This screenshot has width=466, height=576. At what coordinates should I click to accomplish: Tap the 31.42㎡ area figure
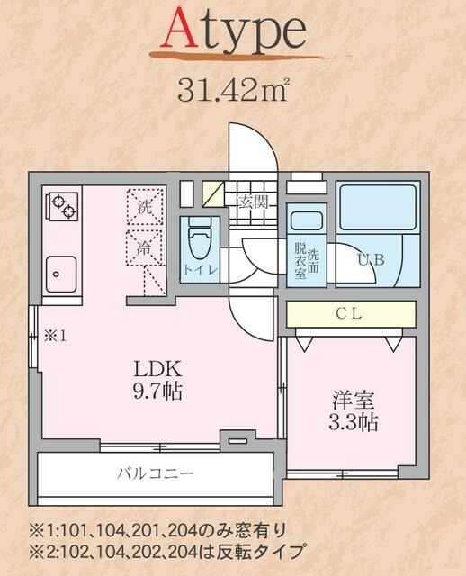tap(231, 91)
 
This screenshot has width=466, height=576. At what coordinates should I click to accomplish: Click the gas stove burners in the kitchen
tap(62, 209)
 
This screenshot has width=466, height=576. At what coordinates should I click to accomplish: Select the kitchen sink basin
tap(61, 269)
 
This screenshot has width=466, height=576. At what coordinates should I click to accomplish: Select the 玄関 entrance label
tap(252, 202)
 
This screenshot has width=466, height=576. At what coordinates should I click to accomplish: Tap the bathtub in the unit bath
tap(377, 211)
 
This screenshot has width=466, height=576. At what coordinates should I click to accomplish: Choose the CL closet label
tap(350, 313)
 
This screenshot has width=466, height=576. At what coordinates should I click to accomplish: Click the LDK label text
tap(158, 368)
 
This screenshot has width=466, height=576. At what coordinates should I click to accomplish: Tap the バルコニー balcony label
tap(155, 473)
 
